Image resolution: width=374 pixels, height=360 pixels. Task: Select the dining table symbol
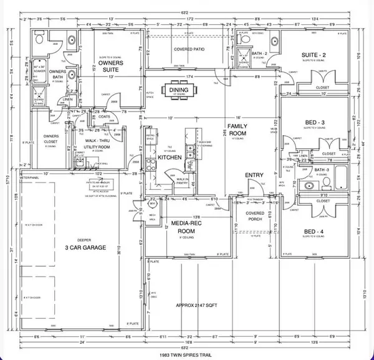tap(178, 92)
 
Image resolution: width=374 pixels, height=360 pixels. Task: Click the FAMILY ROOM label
tap(236, 130)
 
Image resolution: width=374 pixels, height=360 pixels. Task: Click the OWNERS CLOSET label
tap(51, 140)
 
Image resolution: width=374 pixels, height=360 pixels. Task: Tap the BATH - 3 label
tap(321, 169)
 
